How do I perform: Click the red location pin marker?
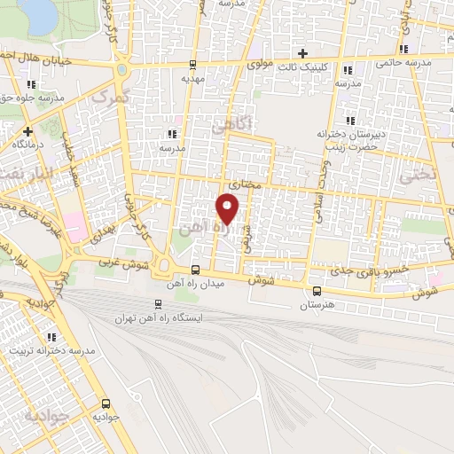[x=229, y=209]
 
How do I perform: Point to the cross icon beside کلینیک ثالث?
[x=303, y=53]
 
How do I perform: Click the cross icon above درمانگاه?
[x=28, y=131]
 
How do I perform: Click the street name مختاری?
[x=243, y=184]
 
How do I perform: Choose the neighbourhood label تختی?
[x=419, y=176]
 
